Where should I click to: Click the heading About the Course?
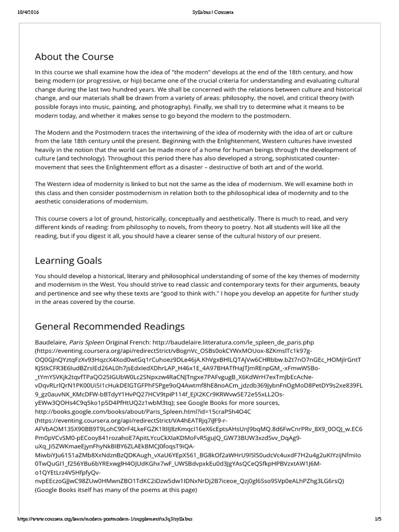pyautogui.click(x=74, y=56)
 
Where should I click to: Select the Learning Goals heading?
pyautogui.click(x=68, y=260)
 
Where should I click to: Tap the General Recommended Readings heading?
pyautogui.click(x=110, y=326)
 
